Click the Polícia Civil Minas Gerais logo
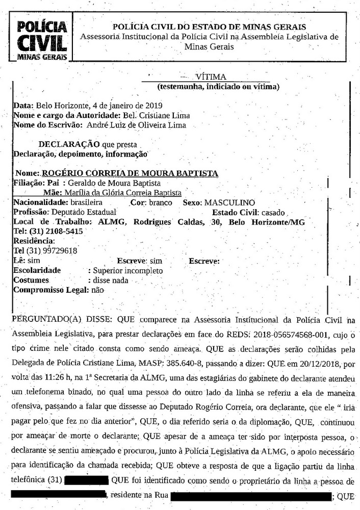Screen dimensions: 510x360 42,40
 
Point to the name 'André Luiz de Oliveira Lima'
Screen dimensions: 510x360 136,124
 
